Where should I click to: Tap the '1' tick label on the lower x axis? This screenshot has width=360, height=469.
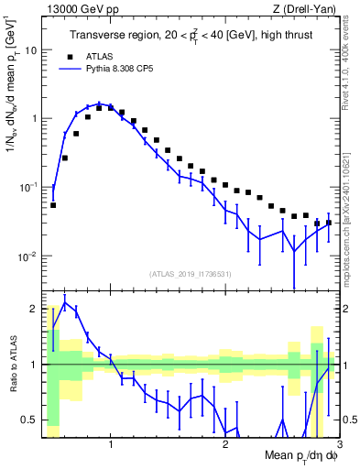tap(111, 444)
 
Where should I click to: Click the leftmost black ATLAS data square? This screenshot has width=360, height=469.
tap(53, 205)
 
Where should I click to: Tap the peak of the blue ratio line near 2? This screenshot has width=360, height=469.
tap(64, 303)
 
